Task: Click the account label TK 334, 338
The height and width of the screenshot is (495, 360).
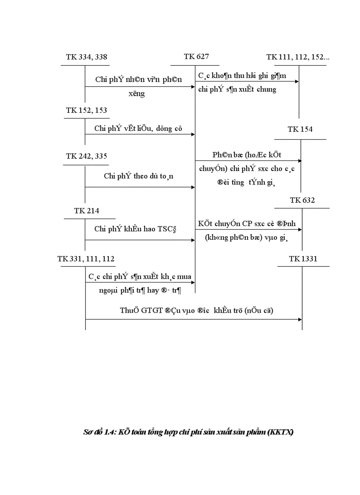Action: (x=86, y=57)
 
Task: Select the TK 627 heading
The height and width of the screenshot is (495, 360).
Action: (x=196, y=56)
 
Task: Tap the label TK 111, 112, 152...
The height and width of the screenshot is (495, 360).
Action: (x=298, y=57)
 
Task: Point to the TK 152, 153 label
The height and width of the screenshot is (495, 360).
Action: (x=86, y=110)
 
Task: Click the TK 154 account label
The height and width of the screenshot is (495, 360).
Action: (x=300, y=129)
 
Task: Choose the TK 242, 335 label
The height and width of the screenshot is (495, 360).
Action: (x=86, y=156)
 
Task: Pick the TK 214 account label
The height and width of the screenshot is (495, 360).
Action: (x=86, y=211)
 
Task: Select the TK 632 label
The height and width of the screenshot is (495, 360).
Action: (x=302, y=200)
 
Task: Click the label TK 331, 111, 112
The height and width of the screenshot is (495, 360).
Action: (x=86, y=259)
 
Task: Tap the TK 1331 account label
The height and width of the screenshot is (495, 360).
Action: (x=303, y=259)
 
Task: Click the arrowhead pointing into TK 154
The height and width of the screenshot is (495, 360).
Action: (x=300, y=161)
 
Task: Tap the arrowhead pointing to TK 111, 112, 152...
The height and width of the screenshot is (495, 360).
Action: (x=297, y=81)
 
